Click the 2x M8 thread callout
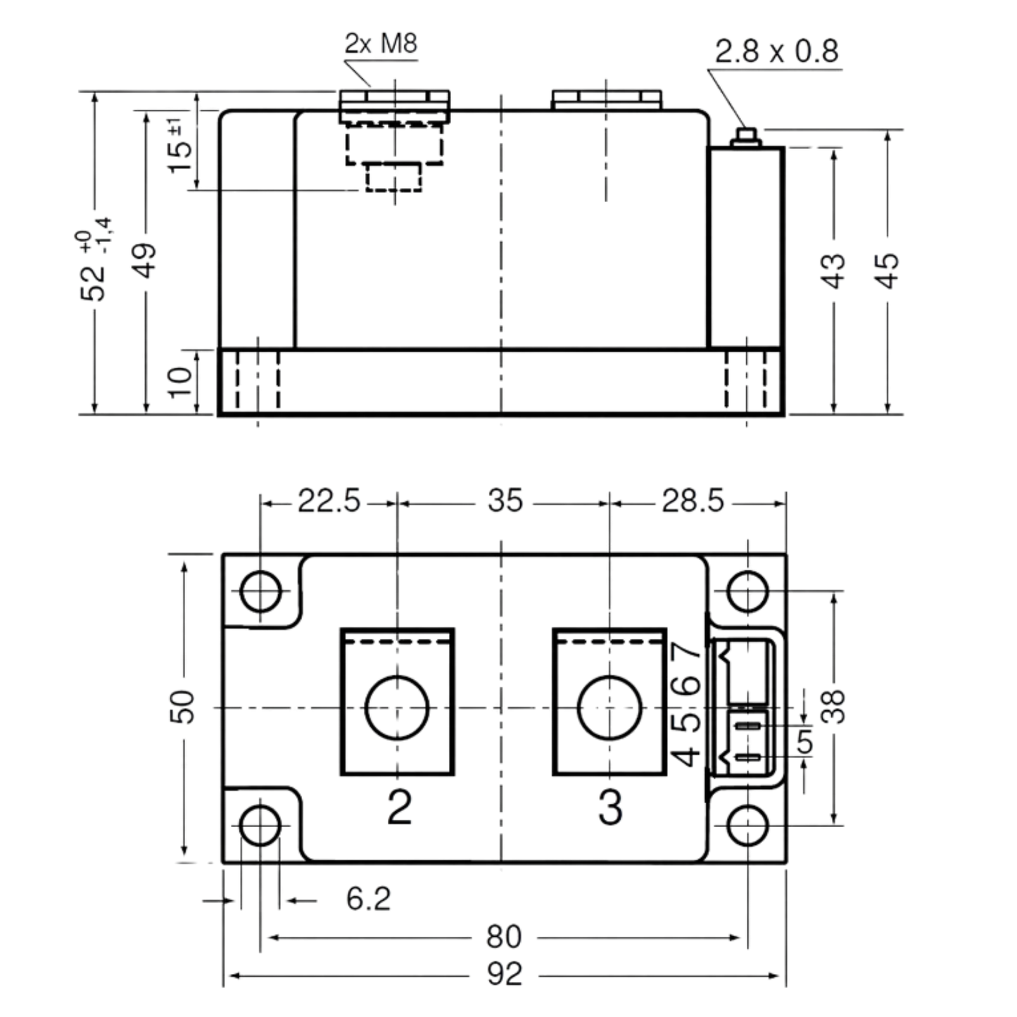[x=381, y=43]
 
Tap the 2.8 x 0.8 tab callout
[x=776, y=51]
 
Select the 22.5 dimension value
[x=329, y=500]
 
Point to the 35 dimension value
[x=505, y=500]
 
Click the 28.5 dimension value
[x=693, y=500]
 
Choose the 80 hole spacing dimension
[x=504, y=936]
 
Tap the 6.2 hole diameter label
[x=368, y=898]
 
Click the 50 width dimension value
[x=182, y=706]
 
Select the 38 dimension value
[x=834, y=706]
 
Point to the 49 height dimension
[x=144, y=260]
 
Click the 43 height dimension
[x=834, y=271]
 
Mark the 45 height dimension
[x=887, y=271]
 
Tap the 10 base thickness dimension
[x=180, y=382]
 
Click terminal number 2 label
[x=400, y=807]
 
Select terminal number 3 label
[x=611, y=807]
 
